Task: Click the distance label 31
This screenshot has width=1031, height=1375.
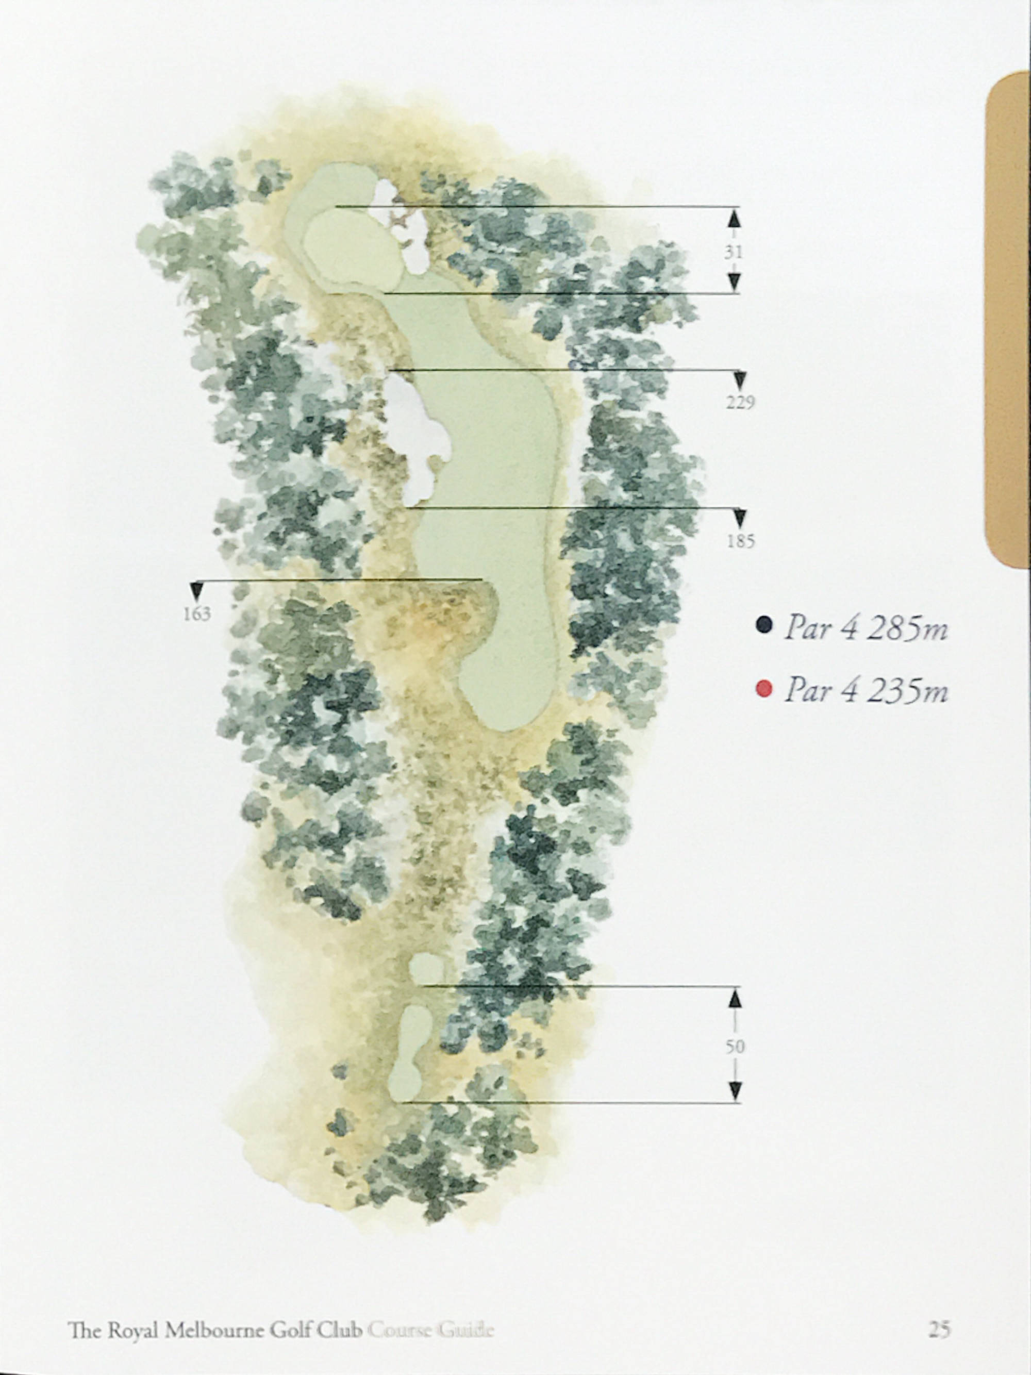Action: (734, 252)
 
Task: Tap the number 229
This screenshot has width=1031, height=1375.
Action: (740, 403)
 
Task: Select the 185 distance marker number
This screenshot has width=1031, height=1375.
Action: (740, 541)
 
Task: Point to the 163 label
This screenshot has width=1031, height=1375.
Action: (196, 614)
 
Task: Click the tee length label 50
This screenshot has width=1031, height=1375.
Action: (735, 1047)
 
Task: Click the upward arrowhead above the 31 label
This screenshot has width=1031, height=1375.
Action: (734, 219)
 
